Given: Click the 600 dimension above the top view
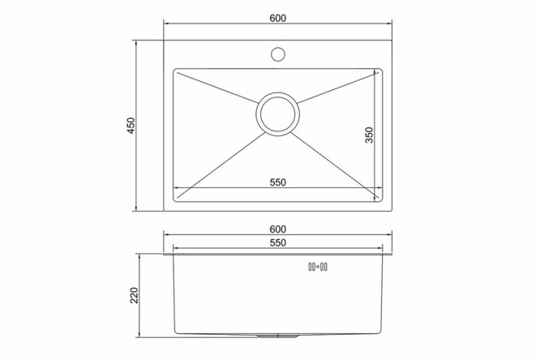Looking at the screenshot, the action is pyautogui.click(x=277, y=18).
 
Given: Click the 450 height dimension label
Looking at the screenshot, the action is pyautogui.click(x=131, y=126).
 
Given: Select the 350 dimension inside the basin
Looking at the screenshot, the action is pyautogui.click(x=369, y=135).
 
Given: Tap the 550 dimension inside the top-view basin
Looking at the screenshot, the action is pyautogui.click(x=277, y=182).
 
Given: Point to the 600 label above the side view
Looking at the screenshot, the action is pyautogui.click(x=277, y=229).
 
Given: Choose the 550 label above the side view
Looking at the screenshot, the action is pyautogui.click(x=277, y=243).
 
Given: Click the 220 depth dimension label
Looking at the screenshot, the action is pyautogui.click(x=134, y=295).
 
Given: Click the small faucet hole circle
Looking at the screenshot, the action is pyautogui.click(x=277, y=54).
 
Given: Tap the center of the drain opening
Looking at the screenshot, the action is pyautogui.click(x=277, y=114).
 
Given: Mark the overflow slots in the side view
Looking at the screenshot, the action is pyautogui.click(x=318, y=267).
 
